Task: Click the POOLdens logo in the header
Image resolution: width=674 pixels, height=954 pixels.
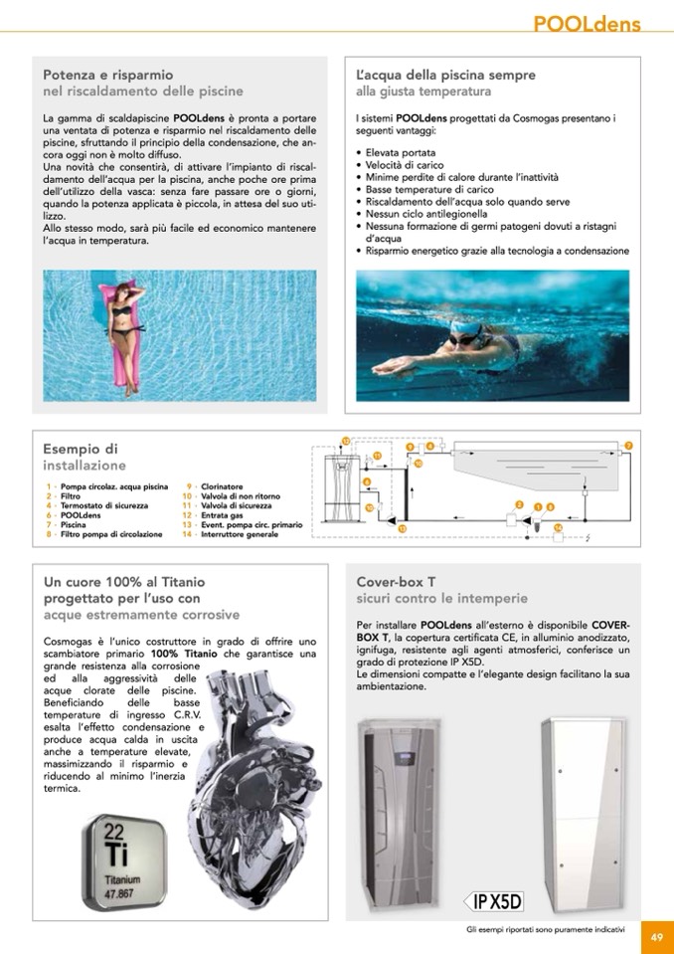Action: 587,24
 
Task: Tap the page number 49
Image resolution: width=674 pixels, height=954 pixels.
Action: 657,935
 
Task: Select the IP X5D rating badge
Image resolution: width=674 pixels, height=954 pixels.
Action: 492,901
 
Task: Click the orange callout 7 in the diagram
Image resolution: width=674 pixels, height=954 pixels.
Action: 627,445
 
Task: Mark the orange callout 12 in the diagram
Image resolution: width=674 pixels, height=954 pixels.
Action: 345,440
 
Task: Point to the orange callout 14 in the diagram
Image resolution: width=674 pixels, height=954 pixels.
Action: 558,527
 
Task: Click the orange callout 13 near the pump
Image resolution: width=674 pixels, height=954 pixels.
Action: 402,528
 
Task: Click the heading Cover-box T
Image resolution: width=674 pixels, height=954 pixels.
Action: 396,581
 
